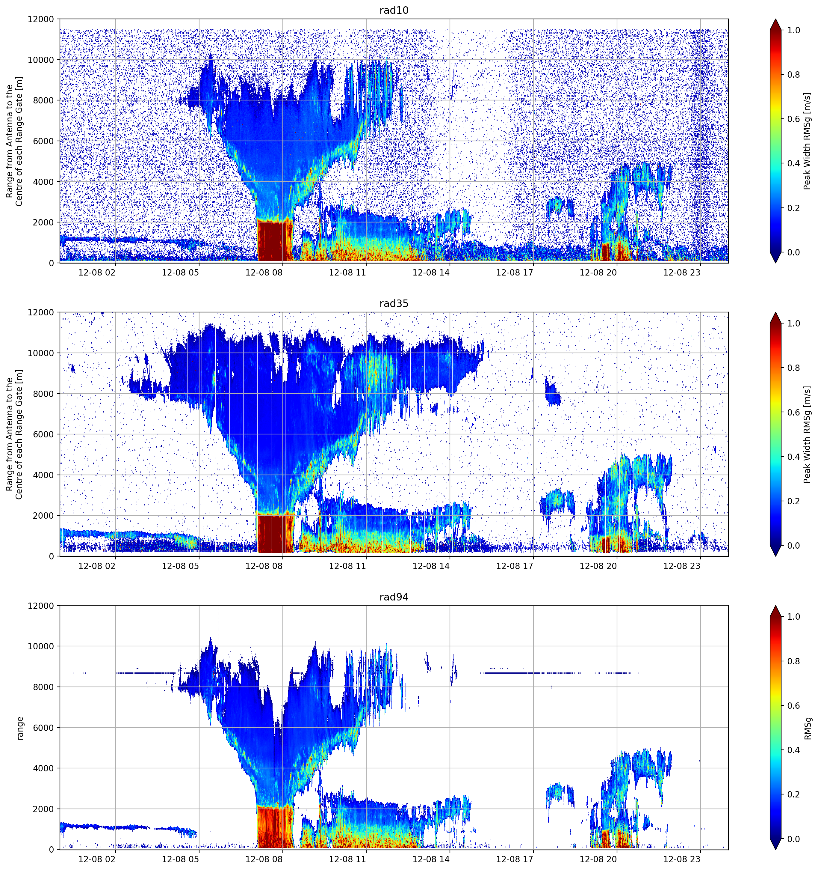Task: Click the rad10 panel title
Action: [394, 10]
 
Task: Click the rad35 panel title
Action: [394, 303]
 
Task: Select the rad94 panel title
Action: [394, 597]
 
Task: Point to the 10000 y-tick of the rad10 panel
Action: [41, 60]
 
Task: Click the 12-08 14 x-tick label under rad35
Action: [431, 565]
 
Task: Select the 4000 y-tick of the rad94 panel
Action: [43, 768]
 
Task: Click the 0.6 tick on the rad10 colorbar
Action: [793, 119]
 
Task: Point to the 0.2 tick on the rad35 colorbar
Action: [793, 501]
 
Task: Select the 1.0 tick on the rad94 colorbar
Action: [793, 617]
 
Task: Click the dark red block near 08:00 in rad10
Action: [275, 241]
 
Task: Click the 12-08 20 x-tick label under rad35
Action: [598, 565]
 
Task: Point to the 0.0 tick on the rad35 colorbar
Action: [793, 546]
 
